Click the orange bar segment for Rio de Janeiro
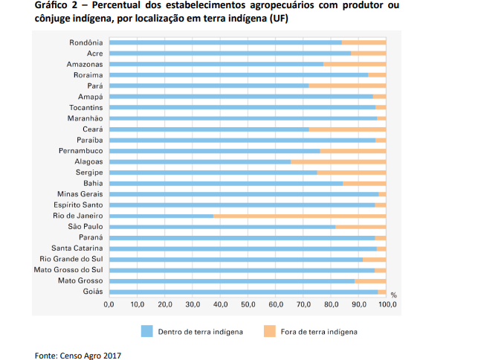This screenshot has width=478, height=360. coord(300,216)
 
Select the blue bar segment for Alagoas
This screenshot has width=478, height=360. coord(200,161)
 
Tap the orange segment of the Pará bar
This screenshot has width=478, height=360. coord(347,86)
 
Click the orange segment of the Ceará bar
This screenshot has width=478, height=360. coord(347,129)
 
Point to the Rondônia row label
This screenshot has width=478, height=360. coord(85,42)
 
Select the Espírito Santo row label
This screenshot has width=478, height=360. coord(78,205)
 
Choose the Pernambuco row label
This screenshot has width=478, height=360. coord(81,151)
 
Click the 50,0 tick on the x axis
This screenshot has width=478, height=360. coord(248,305)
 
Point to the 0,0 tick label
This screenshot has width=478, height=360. coord(109,305)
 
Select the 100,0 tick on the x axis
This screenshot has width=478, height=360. coord(386,305)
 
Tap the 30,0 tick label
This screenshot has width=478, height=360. coord(193,305)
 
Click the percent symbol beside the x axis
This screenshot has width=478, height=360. coord(393,295)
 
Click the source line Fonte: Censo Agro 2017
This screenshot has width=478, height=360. coord(78,355)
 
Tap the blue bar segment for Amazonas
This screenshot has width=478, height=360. coord(216,65)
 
